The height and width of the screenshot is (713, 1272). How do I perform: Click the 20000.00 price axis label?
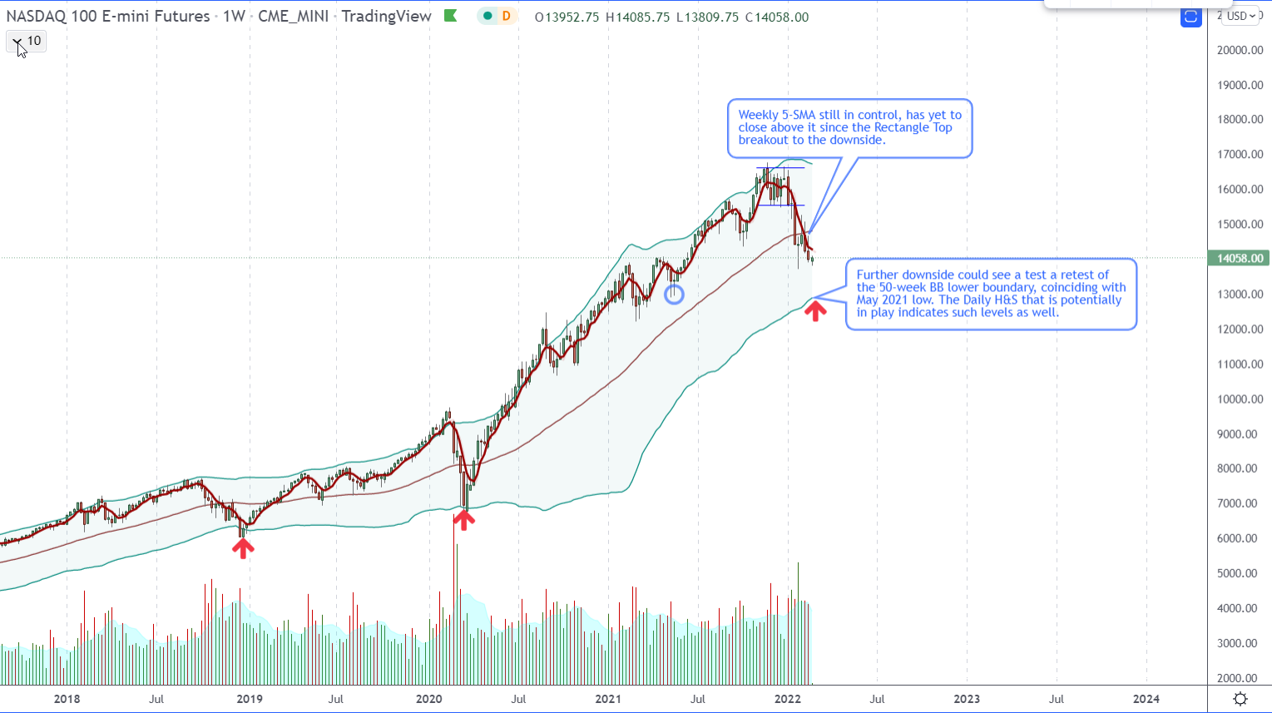[x=1240, y=50]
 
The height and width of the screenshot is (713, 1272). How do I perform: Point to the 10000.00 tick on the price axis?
[x=1240, y=399]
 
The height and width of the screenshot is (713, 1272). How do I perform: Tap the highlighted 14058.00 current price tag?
[x=1240, y=259]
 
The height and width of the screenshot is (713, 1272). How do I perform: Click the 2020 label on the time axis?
[x=428, y=699]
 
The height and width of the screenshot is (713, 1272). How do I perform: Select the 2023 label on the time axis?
[x=967, y=699]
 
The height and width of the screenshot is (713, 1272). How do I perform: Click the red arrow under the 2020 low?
[x=463, y=520]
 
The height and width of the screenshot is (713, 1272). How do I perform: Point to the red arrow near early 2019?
[x=242, y=547]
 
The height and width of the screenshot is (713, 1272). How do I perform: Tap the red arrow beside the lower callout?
[x=814, y=311]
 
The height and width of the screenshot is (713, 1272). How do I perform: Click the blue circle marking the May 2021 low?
[x=674, y=294]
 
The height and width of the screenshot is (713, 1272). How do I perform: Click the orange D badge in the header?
[x=505, y=17]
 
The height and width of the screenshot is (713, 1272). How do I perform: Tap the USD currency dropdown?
[x=1240, y=16]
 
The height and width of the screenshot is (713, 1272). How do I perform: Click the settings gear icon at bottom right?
[x=1240, y=699]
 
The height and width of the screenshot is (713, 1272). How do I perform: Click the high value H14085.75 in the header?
[x=637, y=17]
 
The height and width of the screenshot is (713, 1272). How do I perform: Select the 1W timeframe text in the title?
[x=234, y=17]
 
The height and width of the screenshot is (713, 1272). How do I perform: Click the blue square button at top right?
[x=1190, y=17]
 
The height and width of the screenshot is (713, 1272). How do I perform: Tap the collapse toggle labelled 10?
[x=26, y=41]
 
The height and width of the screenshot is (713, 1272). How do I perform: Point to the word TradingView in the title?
[x=387, y=17]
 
